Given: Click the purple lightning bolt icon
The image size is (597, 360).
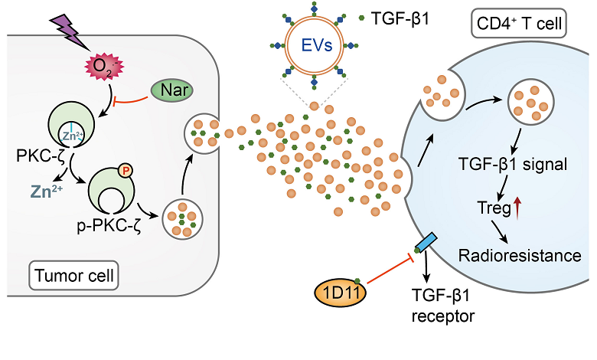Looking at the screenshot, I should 68,31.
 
